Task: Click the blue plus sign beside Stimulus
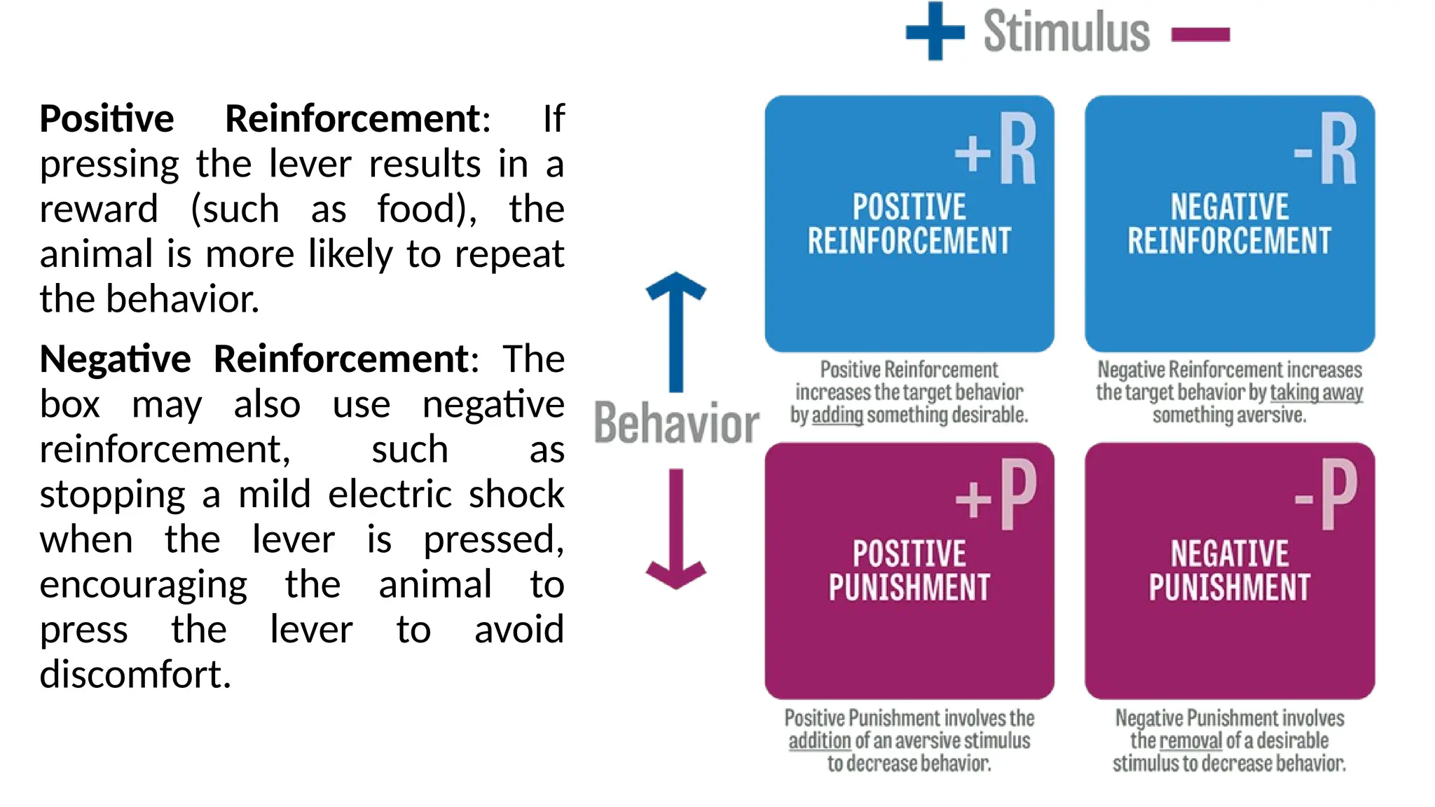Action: [x=935, y=32]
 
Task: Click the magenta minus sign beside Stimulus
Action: [x=1200, y=34]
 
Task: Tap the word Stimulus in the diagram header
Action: [x=1066, y=32]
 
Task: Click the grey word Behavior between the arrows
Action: [x=676, y=423]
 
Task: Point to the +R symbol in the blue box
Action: [x=996, y=149]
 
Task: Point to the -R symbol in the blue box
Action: [x=1325, y=149]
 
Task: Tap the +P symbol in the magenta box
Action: [x=996, y=496]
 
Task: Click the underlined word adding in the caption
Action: [x=837, y=415]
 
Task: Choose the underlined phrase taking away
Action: [x=1316, y=392]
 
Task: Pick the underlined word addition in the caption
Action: [x=819, y=740]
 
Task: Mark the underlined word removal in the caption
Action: [x=1190, y=740]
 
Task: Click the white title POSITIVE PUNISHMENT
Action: [x=909, y=570]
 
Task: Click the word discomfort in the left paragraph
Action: [x=135, y=675]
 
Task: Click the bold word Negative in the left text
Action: [x=115, y=359]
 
